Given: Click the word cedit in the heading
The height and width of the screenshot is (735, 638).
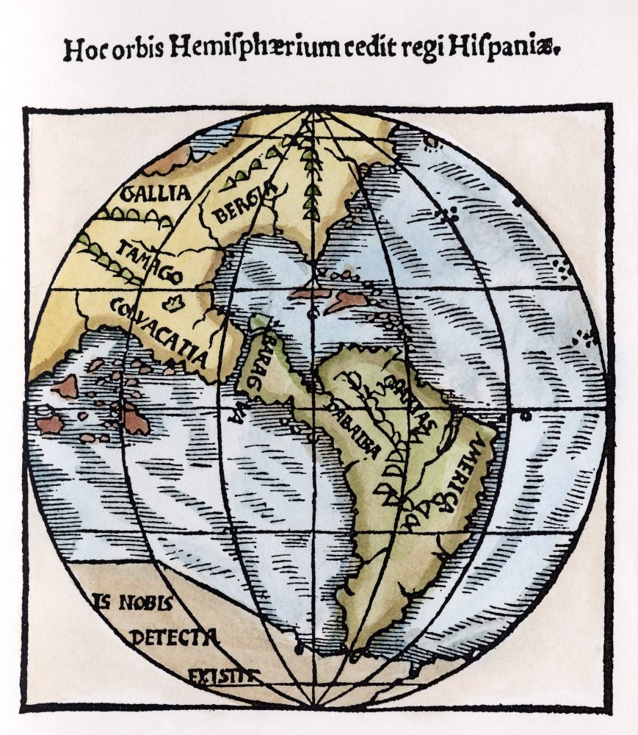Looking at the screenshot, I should (399, 49).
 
